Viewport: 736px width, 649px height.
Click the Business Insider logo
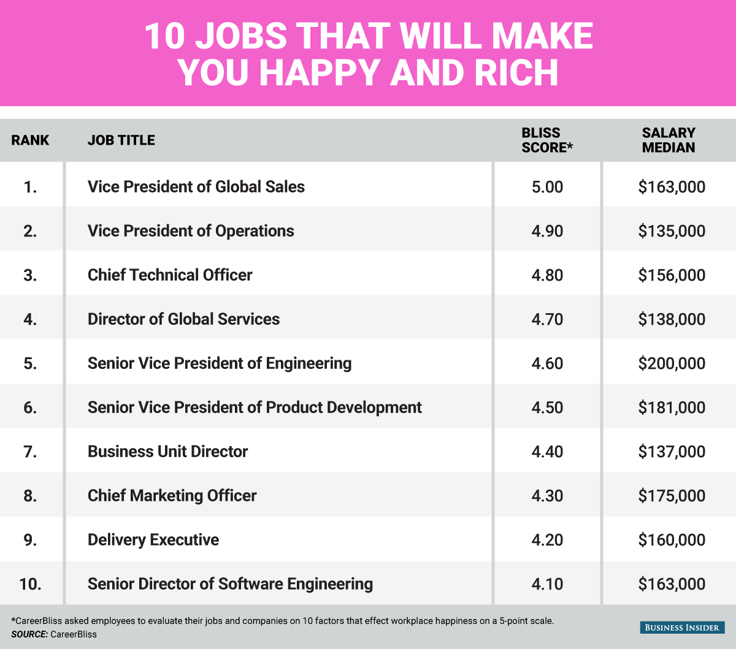[x=683, y=627]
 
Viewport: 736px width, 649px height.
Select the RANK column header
[x=30, y=140]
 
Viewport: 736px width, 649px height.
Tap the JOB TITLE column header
[x=121, y=140]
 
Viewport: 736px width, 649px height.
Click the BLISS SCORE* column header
[x=546, y=140]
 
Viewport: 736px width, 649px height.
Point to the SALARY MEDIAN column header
[x=669, y=140]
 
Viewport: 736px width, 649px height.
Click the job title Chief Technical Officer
[x=170, y=275]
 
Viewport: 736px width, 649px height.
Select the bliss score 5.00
[x=547, y=187]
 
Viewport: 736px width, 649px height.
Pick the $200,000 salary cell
[x=672, y=363]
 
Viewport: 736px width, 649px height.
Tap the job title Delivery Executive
[x=153, y=540]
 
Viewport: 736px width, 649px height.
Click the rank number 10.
[x=30, y=584]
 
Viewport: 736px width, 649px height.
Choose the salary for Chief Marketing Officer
[x=672, y=496]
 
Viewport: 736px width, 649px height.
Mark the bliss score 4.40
[x=547, y=452]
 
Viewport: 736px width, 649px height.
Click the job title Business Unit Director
[x=167, y=452]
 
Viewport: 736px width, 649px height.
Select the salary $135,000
[x=672, y=231]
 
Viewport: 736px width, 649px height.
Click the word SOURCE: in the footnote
[x=29, y=634]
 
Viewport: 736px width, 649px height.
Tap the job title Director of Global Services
[x=183, y=319]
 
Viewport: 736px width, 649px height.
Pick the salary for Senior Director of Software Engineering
[x=672, y=584]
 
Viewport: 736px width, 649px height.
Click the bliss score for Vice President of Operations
[x=547, y=231]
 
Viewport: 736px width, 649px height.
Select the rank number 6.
[x=30, y=408]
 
